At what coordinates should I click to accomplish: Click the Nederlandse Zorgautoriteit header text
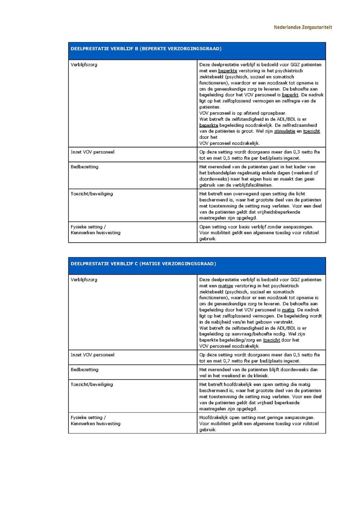pyautogui.click(x=302, y=27)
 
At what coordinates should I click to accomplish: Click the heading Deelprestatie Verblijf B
pyautogui.click(x=146, y=49)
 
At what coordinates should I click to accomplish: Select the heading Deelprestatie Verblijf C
pyautogui.click(x=143, y=263)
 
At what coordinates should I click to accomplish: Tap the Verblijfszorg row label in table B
pyautogui.click(x=84, y=65)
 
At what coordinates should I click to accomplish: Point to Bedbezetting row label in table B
pyautogui.click(x=84, y=167)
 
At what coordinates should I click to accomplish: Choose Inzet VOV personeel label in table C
pyautogui.click(x=92, y=355)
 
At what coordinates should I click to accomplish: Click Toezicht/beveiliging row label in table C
pyautogui.click(x=92, y=384)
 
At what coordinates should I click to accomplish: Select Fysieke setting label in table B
pyautogui.click(x=88, y=227)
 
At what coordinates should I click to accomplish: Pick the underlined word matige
pyautogui.click(x=226, y=286)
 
